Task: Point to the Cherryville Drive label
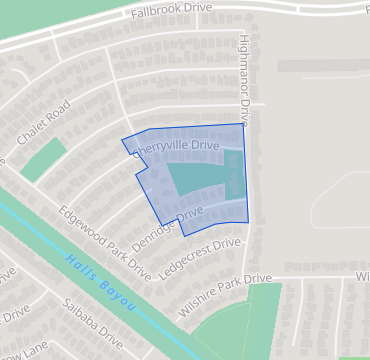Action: pyautogui.click(x=177, y=146)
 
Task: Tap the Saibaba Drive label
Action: pyautogui.click(x=90, y=320)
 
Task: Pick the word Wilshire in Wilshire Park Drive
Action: pyautogui.click(x=197, y=291)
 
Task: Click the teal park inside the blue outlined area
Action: pyautogui.click(x=195, y=180)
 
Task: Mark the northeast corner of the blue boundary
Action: pyautogui.click(x=243, y=124)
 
